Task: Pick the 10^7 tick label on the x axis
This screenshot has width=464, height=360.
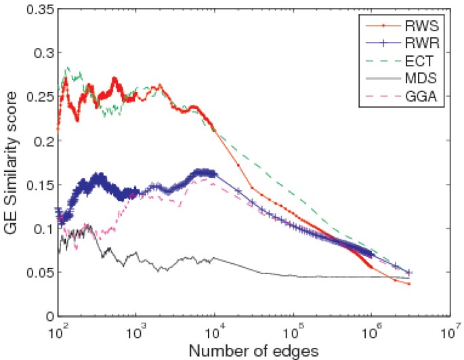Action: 449,332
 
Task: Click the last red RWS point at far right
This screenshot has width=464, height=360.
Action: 410,284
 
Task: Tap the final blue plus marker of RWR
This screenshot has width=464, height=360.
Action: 410,273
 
